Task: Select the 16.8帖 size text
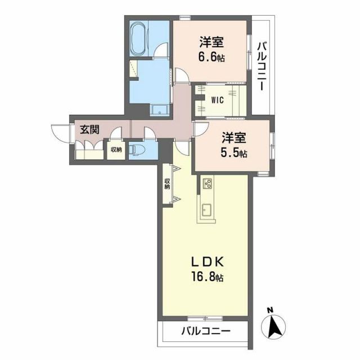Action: (x=206, y=277)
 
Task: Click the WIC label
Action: (x=217, y=101)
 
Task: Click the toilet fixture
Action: (x=138, y=150)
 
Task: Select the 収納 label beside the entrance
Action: (x=116, y=150)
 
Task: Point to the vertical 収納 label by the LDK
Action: (x=167, y=184)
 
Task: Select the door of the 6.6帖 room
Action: (x=182, y=75)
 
